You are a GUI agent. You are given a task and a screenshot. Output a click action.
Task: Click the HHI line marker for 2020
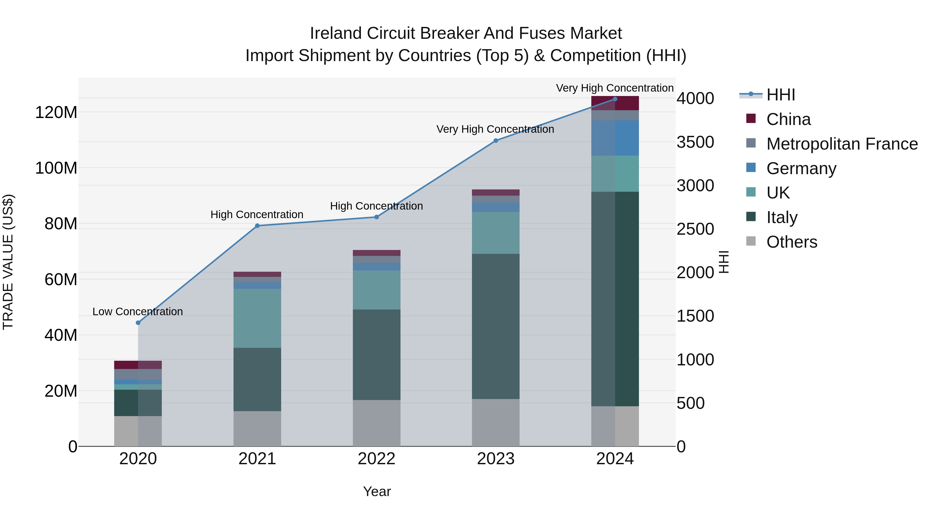(138, 323)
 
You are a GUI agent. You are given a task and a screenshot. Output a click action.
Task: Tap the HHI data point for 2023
(496, 141)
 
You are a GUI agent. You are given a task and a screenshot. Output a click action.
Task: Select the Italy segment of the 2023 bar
(496, 326)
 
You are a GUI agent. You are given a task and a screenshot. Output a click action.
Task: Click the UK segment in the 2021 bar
(257, 318)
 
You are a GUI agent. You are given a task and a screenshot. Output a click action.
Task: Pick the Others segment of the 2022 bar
(376, 423)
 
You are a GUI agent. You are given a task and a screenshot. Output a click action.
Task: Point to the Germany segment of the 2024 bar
(615, 138)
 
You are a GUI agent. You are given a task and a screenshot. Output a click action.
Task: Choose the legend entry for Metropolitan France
(842, 144)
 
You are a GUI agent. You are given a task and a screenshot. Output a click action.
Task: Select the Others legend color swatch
(751, 241)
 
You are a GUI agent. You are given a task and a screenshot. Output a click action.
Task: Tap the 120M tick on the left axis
(56, 113)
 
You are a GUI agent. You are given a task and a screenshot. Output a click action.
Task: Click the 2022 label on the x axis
(376, 459)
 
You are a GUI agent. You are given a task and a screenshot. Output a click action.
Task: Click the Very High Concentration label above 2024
(615, 88)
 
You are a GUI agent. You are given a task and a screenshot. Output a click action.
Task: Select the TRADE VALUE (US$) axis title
(8, 262)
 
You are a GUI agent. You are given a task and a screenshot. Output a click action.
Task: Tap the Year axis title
(377, 491)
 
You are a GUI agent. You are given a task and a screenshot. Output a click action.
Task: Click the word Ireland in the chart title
(336, 33)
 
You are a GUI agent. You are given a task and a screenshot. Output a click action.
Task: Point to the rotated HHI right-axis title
(723, 262)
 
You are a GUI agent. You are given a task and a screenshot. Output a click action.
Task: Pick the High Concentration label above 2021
(257, 215)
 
